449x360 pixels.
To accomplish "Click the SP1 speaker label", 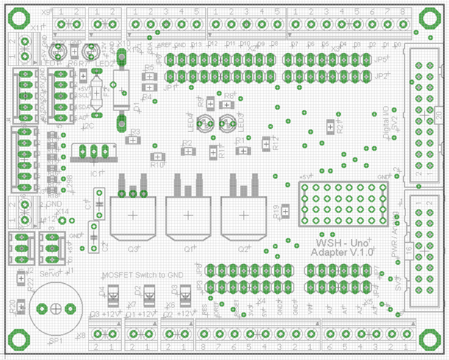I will click(55, 342).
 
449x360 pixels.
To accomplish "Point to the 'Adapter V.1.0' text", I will click(339, 253).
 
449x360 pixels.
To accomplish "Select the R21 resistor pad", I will click(330, 128).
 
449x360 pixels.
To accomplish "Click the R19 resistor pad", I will click(286, 212).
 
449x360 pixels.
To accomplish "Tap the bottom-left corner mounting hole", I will click(19, 340).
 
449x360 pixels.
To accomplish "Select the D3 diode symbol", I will click(185, 293).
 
